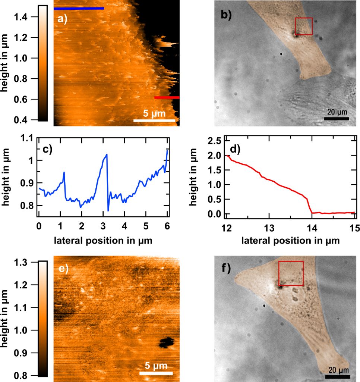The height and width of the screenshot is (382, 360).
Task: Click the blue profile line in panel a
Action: (x=79, y=8)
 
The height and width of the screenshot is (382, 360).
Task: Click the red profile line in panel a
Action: (x=167, y=98)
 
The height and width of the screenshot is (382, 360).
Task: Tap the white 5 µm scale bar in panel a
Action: (x=154, y=120)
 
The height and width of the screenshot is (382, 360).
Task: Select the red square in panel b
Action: (x=304, y=26)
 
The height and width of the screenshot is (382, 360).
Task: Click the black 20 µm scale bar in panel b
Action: (x=336, y=119)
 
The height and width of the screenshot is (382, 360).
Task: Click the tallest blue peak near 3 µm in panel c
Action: (x=107, y=154)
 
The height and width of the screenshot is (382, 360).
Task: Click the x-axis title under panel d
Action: (x=290, y=241)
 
